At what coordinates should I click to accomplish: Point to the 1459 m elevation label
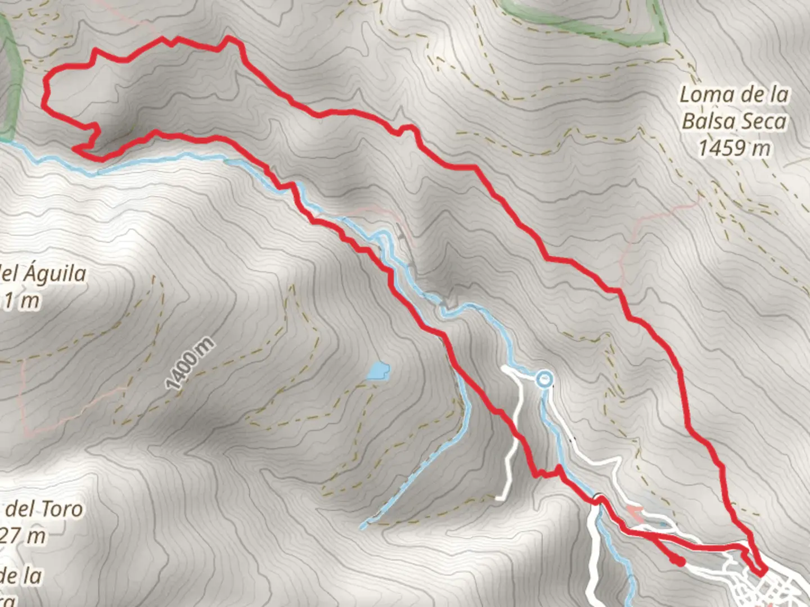[x=734, y=148]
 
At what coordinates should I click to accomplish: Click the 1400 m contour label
[x=190, y=364]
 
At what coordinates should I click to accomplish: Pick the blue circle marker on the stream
[x=543, y=379]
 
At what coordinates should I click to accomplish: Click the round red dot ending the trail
[x=679, y=561]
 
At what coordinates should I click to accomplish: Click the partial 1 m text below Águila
[x=22, y=301]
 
